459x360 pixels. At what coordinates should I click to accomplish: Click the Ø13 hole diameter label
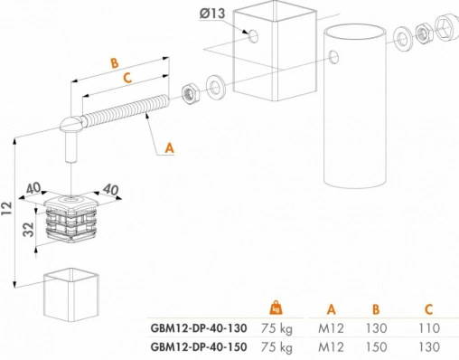tap(212, 14)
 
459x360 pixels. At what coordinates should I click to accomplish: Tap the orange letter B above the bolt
tap(115, 63)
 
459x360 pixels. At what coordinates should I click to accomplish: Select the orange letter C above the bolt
tap(127, 78)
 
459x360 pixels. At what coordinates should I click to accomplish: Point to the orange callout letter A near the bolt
tap(170, 148)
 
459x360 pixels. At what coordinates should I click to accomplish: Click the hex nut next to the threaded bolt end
tap(191, 94)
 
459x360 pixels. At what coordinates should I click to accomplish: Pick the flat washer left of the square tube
tap(215, 87)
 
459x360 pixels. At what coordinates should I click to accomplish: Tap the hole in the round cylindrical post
tap(333, 57)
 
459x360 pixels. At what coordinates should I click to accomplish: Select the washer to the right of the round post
tap(402, 40)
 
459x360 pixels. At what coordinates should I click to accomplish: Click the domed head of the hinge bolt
tap(70, 123)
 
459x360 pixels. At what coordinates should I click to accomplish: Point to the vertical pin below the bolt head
tap(71, 147)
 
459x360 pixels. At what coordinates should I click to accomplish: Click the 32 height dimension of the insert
tap(29, 230)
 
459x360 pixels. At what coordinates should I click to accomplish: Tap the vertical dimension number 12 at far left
tap(6, 208)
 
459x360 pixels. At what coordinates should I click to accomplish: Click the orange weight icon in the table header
tap(276, 308)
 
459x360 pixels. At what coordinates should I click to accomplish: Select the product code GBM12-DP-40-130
tap(199, 328)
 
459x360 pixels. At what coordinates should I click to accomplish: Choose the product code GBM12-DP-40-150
tap(199, 347)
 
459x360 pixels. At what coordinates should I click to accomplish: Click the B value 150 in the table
tap(376, 347)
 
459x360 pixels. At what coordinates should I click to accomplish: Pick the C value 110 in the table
tap(429, 328)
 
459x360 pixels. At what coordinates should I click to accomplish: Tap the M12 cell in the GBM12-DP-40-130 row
tap(331, 328)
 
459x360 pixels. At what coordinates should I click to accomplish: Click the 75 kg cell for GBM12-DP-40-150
tap(276, 347)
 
